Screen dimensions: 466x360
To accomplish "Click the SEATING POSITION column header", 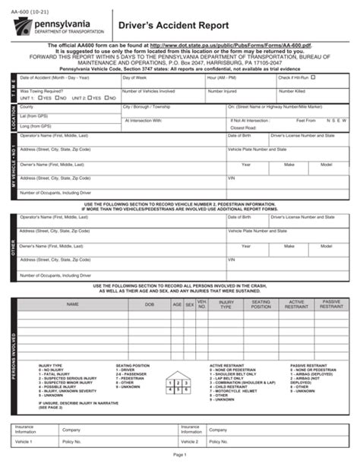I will (x=261, y=304).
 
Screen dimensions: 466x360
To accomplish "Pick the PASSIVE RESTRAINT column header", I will (x=332, y=304).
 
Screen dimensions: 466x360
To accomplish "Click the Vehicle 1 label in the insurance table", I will (x=25, y=441).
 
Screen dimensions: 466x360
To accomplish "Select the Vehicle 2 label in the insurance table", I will (x=189, y=441).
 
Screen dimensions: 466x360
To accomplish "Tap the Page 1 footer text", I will (x=180, y=455).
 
